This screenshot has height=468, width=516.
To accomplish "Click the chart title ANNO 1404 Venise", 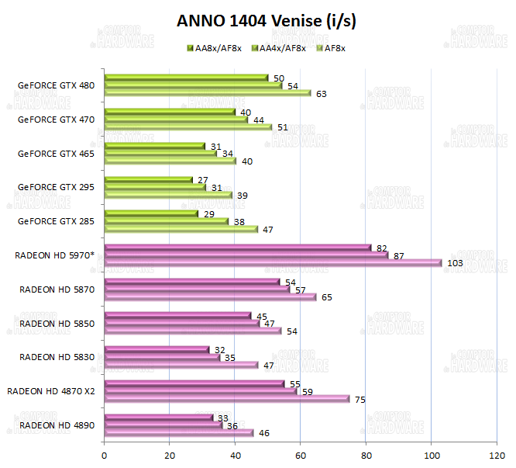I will (x=267, y=21).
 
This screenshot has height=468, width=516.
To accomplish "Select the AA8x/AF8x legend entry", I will (x=214, y=48).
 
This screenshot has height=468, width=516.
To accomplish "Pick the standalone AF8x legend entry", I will (x=330, y=48).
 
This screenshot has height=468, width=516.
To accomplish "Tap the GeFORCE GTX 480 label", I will (x=56, y=85).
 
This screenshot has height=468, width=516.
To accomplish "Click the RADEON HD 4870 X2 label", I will (x=50, y=390).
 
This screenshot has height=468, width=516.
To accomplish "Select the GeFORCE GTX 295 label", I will (x=56, y=187).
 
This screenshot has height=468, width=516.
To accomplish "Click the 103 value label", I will (x=455, y=263).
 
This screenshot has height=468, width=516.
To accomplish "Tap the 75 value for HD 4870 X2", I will (x=360, y=400).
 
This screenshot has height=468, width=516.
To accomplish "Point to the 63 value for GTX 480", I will (x=321, y=94).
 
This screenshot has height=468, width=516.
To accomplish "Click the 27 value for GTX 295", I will (x=203, y=179).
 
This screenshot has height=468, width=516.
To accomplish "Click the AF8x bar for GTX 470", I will (x=187, y=127).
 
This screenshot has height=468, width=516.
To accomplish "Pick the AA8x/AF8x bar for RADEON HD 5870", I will (x=192, y=282).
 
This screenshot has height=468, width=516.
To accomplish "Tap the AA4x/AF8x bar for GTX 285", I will (x=167, y=221).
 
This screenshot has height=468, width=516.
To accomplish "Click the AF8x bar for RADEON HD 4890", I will (x=179, y=433).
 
